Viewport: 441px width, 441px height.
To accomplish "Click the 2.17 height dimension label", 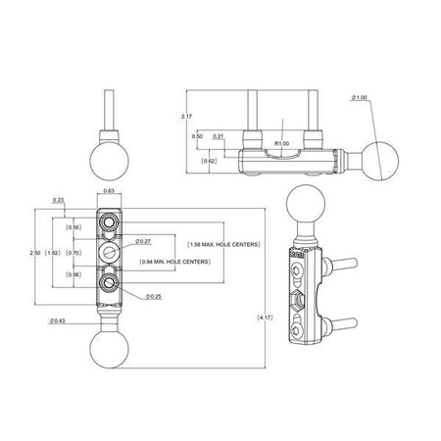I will pyautogui.click(x=185, y=117).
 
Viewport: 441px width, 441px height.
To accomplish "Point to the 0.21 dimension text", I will pyautogui.click(x=219, y=136).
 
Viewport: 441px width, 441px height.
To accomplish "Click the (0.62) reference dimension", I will pyautogui.click(x=209, y=160).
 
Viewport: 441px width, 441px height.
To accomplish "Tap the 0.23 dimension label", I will pyautogui.click(x=60, y=201).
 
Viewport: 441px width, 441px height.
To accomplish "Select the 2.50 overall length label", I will pyautogui.click(x=36, y=253).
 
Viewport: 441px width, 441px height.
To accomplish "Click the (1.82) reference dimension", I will pyautogui.click(x=55, y=253).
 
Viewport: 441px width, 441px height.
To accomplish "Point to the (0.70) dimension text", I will pyautogui.click(x=73, y=253).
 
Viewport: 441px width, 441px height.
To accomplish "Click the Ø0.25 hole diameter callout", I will pyautogui.click(x=154, y=296).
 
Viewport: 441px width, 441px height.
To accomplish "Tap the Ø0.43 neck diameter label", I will pyautogui.click(x=58, y=320).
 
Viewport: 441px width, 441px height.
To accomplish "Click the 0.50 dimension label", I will pyautogui.click(x=197, y=136).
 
